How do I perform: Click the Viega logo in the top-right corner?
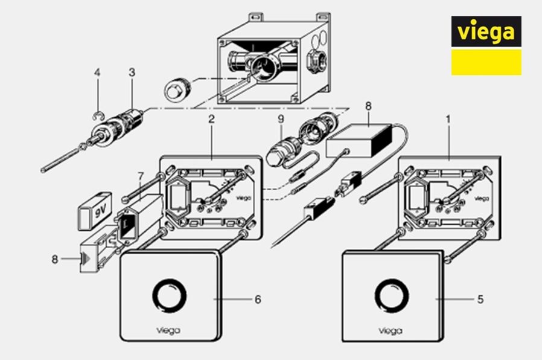point(486,45)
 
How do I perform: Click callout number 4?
point(97,73)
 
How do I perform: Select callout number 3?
point(132,73)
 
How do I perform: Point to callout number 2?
point(212,120)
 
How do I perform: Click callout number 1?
point(448,120)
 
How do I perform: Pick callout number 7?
point(140,176)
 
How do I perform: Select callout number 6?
point(258,299)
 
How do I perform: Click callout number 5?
point(480,299)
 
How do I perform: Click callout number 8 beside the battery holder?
point(54,260)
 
